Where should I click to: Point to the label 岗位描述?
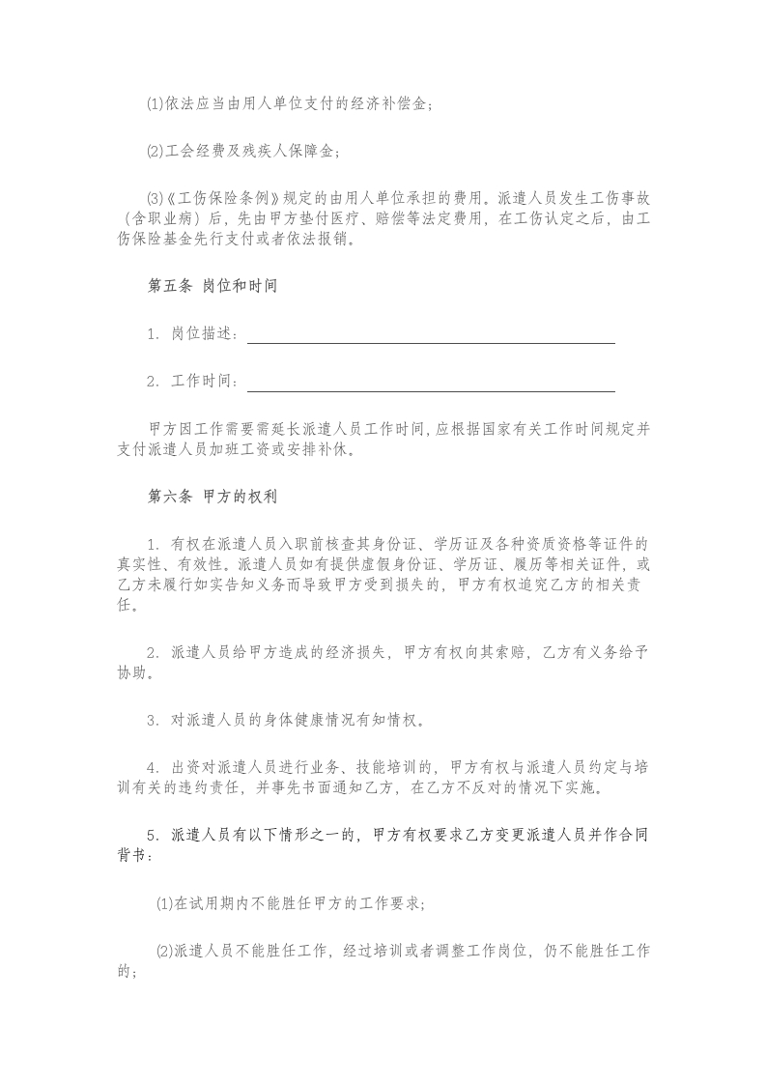tap(203, 334)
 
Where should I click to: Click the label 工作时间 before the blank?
tap(203, 383)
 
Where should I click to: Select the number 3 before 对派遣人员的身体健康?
tap(152, 720)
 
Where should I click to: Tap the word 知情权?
tap(393, 720)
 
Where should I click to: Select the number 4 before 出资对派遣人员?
tap(152, 767)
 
